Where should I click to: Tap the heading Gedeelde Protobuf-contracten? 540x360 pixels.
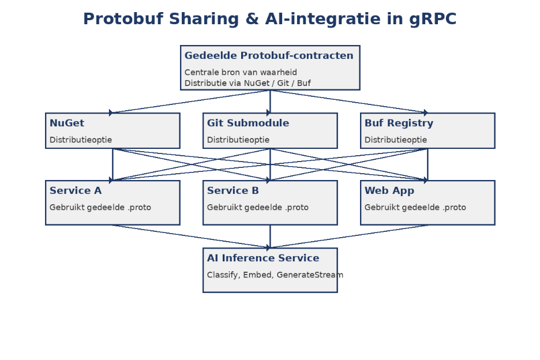(x=269, y=55)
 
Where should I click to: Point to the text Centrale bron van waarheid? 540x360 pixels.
(x=241, y=72)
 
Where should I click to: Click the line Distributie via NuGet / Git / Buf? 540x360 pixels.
(x=247, y=83)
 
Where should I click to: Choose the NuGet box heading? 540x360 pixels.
(x=67, y=123)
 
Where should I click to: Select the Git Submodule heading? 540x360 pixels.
(x=248, y=123)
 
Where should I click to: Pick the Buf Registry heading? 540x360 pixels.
(x=399, y=123)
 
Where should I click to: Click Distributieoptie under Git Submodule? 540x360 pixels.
(x=238, y=140)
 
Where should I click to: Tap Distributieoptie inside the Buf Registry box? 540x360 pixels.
(x=396, y=140)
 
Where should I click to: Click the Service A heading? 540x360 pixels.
(x=76, y=190)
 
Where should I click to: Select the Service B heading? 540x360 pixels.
(x=233, y=190)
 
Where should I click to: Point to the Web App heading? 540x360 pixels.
(x=389, y=190)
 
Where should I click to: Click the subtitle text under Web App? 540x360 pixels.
(x=415, y=207)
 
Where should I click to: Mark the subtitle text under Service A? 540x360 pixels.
(x=100, y=207)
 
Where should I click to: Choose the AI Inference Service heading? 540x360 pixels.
(x=263, y=258)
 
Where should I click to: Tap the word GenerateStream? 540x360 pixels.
(x=310, y=275)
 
